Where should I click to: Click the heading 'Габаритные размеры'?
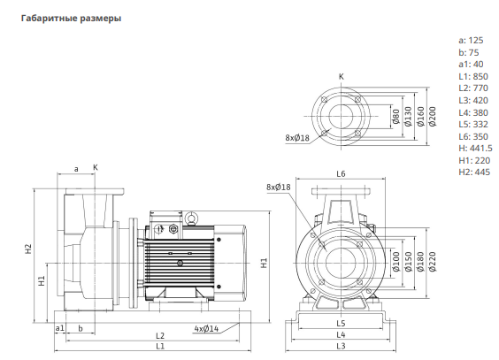71,19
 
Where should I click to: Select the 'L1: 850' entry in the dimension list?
473,77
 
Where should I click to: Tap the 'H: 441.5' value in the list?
475,149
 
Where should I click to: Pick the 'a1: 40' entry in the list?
471,65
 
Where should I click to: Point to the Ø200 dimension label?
432,117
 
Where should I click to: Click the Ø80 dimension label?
396,117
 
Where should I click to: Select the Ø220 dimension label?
432,262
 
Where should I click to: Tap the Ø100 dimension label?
396,262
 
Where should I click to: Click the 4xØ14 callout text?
206,328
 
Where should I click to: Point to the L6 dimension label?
341,174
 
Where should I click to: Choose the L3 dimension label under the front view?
341,346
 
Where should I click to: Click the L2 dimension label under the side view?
160,335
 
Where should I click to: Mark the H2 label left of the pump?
28,249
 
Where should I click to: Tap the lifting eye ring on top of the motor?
192,218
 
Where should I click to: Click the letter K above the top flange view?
342,77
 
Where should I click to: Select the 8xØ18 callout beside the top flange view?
297,138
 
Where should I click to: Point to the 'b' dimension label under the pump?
81,328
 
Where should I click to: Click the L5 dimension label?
341,323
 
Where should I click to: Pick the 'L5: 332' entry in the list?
473,125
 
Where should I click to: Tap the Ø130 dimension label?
408,117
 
